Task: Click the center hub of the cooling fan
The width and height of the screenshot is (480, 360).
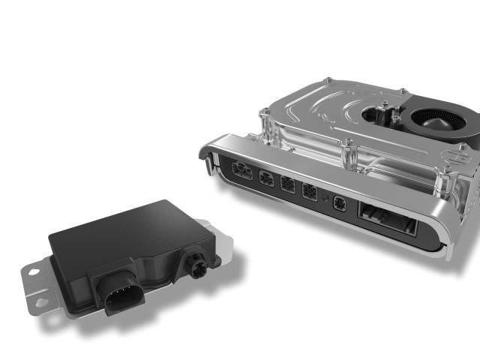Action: point(437,120)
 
